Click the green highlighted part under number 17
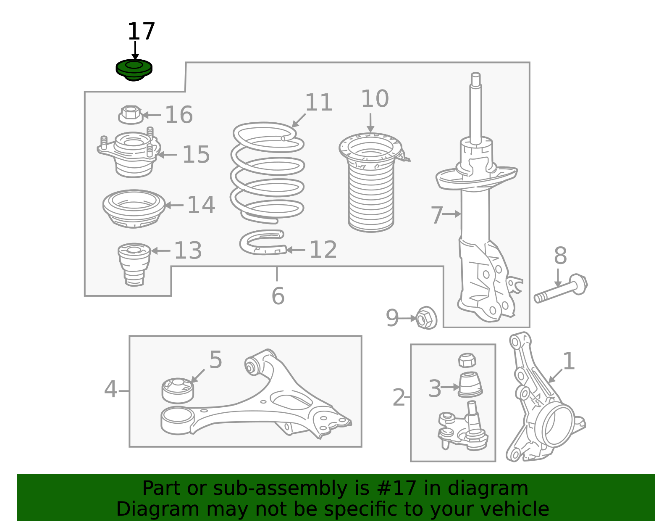(134, 70)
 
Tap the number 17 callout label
(141, 31)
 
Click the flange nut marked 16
(131, 115)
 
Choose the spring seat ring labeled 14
(134, 208)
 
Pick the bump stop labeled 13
(134, 265)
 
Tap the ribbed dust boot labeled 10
(371, 182)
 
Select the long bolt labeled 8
(561, 289)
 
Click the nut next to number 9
(426, 318)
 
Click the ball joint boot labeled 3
(470, 385)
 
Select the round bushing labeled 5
(178, 390)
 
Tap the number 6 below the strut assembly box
(278, 296)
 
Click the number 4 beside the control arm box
(110, 389)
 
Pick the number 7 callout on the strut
(437, 215)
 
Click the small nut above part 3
(467, 360)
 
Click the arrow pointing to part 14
(174, 205)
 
